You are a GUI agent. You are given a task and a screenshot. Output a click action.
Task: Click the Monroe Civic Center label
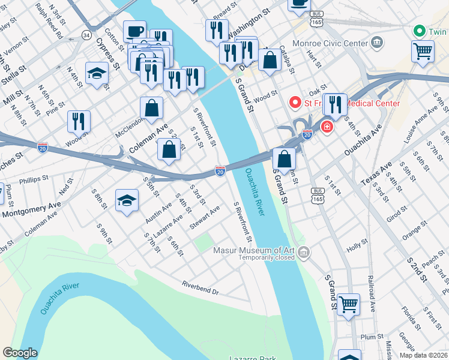point(329,43)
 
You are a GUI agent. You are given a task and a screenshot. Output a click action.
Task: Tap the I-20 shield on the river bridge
point(220,172)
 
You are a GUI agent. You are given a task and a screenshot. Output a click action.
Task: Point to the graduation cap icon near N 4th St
point(97,74)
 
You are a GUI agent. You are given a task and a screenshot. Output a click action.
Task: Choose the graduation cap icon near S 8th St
point(127,202)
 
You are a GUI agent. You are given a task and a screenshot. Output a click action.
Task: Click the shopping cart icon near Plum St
point(348,304)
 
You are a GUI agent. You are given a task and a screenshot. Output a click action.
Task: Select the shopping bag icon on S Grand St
point(284,160)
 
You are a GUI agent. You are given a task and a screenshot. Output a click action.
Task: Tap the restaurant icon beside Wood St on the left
point(79,122)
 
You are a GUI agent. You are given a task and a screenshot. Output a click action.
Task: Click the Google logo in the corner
point(20,353)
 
